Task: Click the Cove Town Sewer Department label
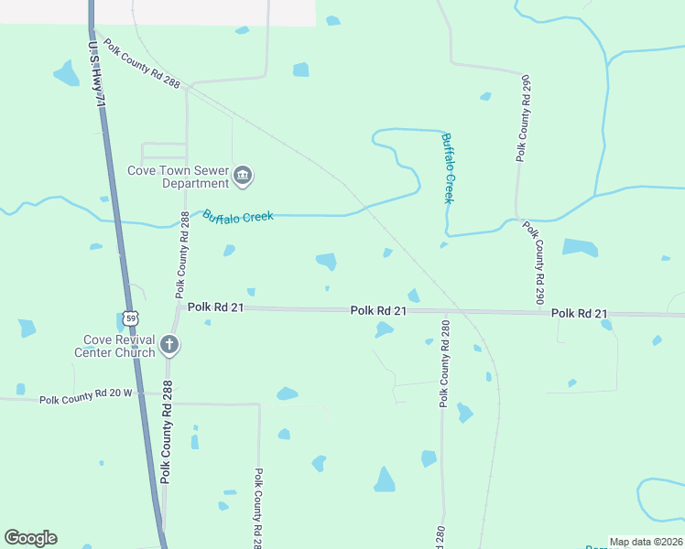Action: pos(178,177)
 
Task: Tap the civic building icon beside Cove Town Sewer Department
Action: pos(243,176)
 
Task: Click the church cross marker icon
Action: pos(169,345)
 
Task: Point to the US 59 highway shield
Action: pos(131,318)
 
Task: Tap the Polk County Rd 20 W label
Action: pos(86,400)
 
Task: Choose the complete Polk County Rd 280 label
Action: pos(445,363)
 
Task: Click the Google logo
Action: pos(30,538)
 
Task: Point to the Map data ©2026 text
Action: pos(645,542)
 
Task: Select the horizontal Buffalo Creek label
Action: pos(238,217)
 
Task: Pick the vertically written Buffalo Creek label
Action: pos(448,168)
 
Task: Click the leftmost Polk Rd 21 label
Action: pos(215,308)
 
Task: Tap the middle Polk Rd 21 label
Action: pos(378,311)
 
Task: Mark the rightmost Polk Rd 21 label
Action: pos(579,314)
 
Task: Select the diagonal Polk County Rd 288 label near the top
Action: pos(143,65)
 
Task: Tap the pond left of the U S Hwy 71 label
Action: pos(67,72)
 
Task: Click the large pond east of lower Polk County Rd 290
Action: pos(580,247)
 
